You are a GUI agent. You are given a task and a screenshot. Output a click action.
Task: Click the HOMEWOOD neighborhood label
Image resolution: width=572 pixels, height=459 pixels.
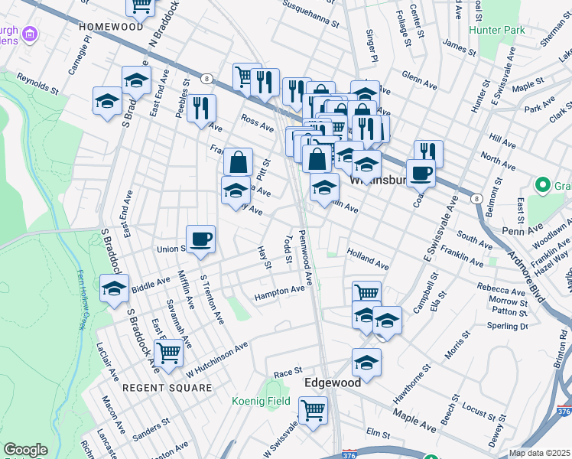pos(111,26)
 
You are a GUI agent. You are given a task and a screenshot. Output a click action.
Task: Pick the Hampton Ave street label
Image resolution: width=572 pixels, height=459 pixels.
pos(281,291)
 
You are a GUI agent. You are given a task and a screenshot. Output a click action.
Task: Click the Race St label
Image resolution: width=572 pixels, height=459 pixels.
pos(288,371)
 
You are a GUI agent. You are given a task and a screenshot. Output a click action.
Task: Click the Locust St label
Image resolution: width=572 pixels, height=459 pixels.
pos(479,414)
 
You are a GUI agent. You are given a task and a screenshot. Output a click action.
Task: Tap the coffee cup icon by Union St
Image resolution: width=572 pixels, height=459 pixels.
pos(201,239)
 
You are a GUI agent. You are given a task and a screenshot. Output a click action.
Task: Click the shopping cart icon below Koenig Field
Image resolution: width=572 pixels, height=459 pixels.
pos(313,410)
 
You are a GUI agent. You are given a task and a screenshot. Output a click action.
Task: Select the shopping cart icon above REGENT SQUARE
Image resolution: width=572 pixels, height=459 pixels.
pos(168,353)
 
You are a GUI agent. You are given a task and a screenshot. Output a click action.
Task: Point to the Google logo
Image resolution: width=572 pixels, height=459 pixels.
pos(25,450)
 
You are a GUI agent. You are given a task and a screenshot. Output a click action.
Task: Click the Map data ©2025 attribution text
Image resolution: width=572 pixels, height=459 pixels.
pos(538,452)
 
